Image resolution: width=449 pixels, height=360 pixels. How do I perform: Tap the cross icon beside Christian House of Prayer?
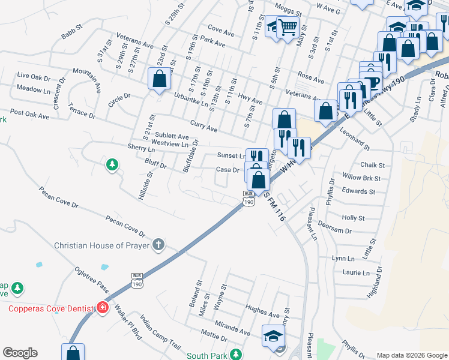[158, 244]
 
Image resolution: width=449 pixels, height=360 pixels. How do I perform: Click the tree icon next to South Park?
[236, 355]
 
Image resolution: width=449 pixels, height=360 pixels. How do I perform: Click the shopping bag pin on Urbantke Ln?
[159, 79]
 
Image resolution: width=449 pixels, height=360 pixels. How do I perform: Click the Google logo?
[20, 353]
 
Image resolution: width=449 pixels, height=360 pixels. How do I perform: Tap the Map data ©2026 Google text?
[411, 355]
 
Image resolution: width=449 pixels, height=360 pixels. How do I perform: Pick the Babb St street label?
[71, 32]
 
